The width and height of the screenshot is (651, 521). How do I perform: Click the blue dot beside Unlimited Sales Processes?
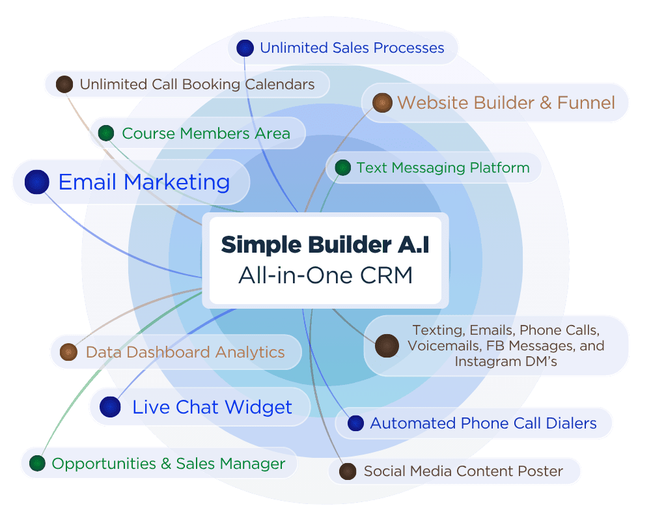(245, 48)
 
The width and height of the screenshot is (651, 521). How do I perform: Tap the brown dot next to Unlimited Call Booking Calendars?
(64, 84)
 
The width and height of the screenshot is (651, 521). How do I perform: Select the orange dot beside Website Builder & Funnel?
(382, 102)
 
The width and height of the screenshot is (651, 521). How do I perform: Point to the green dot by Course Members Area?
(106, 134)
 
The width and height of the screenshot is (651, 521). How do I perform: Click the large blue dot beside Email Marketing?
(37, 182)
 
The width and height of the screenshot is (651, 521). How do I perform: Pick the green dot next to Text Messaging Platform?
(343, 168)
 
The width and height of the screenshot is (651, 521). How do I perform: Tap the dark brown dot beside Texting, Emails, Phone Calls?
(387, 345)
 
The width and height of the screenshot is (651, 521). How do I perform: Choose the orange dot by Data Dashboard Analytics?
(68, 352)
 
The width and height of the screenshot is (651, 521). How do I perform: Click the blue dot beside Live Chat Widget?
(110, 407)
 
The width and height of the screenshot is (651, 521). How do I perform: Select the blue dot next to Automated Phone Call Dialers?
(355, 423)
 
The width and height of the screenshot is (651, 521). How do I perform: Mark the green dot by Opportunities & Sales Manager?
(37, 464)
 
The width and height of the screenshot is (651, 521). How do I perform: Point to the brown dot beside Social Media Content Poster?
(348, 471)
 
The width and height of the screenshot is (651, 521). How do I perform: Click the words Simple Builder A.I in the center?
(325, 244)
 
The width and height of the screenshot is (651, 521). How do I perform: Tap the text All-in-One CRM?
(325, 275)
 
